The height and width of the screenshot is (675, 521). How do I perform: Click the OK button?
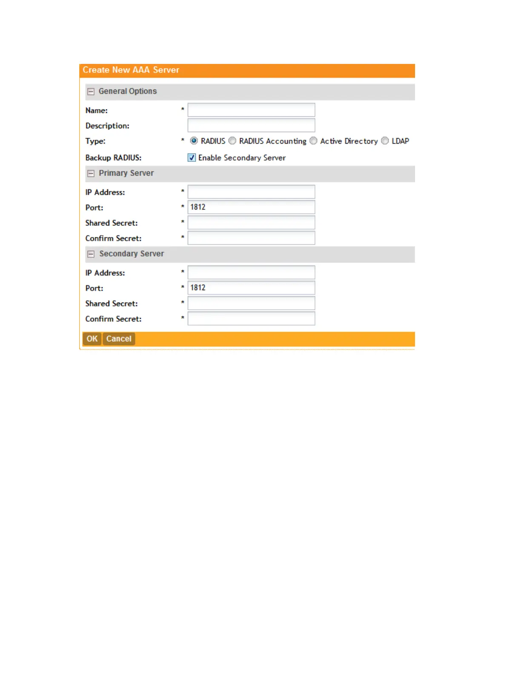click(92, 339)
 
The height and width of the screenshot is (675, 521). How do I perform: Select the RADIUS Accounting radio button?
click(232, 141)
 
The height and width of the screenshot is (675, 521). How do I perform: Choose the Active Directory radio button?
click(314, 141)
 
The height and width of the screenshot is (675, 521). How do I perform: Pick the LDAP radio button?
click(385, 141)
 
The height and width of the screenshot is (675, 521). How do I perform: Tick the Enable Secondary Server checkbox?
click(192, 158)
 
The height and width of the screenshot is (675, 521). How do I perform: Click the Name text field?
click(251, 110)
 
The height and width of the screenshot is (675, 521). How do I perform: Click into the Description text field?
click(251, 125)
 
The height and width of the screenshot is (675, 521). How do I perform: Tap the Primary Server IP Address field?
click(251, 192)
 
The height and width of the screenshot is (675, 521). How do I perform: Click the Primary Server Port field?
click(251, 207)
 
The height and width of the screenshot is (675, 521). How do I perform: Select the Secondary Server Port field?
click(251, 288)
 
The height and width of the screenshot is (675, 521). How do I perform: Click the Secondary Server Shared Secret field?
click(251, 303)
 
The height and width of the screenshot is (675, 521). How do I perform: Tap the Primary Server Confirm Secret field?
click(251, 238)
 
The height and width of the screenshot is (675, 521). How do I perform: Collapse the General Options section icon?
click(91, 92)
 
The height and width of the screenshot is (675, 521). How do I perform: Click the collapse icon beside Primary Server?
click(91, 173)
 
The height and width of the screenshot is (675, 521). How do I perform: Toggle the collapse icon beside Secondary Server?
click(91, 254)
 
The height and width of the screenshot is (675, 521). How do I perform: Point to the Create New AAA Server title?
click(131, 70)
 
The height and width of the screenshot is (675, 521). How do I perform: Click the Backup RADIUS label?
click(113, 158)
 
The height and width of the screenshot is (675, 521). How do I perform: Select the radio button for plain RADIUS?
click(194, 141)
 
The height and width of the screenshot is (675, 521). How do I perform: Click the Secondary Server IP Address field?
click(251, 272)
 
